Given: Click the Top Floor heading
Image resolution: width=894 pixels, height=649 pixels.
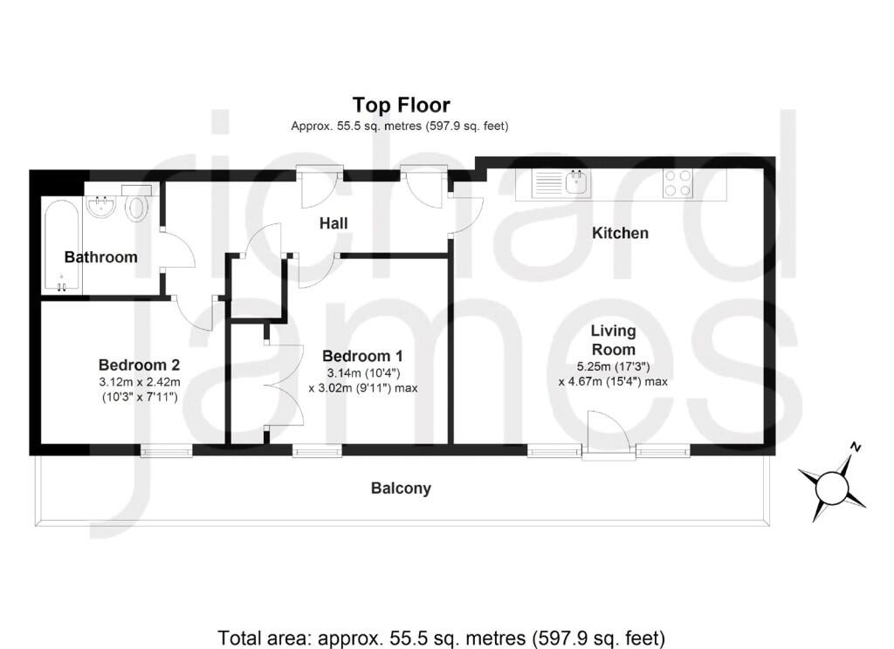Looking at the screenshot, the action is (x=401, y=106).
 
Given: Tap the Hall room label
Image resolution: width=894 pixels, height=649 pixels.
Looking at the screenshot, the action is (x=334, y=223).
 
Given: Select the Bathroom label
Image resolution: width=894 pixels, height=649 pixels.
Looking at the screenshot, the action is (x=101, y=257).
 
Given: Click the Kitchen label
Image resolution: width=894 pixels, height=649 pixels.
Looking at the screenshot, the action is (x=620, y=233).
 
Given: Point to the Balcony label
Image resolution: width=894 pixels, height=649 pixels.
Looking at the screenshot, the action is (x=401, y=488).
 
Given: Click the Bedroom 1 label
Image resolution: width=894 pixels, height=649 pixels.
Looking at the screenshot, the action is (x=362, y=356).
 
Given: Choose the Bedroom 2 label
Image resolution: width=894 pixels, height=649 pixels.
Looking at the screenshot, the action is (x=139, y=365).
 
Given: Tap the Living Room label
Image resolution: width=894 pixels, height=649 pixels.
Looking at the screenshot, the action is (x=613, y=340).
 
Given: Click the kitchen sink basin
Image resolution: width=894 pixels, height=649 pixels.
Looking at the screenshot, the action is (x=576, y=184).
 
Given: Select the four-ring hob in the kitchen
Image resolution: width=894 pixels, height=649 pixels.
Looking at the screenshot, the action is (x=677, y=184).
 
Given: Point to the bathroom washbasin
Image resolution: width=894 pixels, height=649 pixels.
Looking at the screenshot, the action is (x=103, y=206).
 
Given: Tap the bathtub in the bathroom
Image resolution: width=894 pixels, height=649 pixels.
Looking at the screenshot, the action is (x=61, y=246).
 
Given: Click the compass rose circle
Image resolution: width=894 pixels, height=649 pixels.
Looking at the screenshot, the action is (x=832, y=488).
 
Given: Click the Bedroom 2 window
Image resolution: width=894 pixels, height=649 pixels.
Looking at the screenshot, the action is (x=167, y=451).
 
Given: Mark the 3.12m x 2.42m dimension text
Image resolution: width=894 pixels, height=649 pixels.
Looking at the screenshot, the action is (x=139, y=382).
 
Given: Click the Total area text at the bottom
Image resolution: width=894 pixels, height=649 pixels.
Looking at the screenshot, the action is (x=441, y=637).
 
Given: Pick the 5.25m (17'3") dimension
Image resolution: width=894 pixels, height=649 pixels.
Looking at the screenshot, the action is (x=614, y=366).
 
